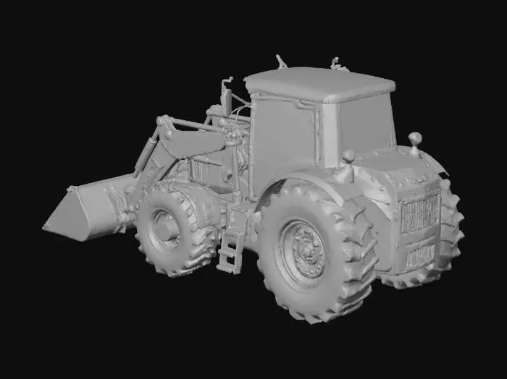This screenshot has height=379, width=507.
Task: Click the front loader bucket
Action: [x=87, y=210]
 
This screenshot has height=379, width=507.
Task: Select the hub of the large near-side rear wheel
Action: [x=303, y=251]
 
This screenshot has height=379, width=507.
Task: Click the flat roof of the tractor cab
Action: [x=319, y=82]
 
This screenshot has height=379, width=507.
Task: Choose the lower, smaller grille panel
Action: [x=420, y=253]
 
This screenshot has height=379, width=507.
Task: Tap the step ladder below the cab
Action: [x=232, y=246]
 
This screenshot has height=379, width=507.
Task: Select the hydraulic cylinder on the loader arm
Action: [x=147, y=156]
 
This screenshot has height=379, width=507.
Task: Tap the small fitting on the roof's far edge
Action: [x=337, y=64]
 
